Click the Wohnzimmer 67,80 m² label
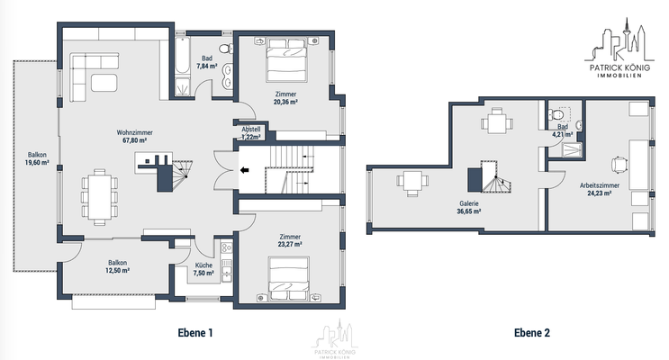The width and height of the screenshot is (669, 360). point(134,136)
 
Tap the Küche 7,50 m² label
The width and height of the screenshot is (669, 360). point(203,270)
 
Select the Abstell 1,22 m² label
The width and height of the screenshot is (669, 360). point(251,133)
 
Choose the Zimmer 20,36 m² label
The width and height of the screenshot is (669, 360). point(286,98)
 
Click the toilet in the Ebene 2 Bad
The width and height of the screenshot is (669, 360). point(558,115)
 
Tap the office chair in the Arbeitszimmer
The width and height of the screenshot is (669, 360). point(619,164)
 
